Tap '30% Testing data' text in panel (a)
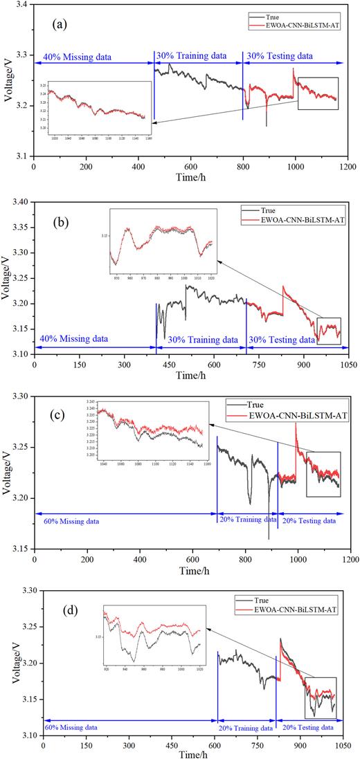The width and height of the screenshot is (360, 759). pos(280,55)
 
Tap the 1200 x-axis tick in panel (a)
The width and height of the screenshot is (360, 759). pos(348,167)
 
